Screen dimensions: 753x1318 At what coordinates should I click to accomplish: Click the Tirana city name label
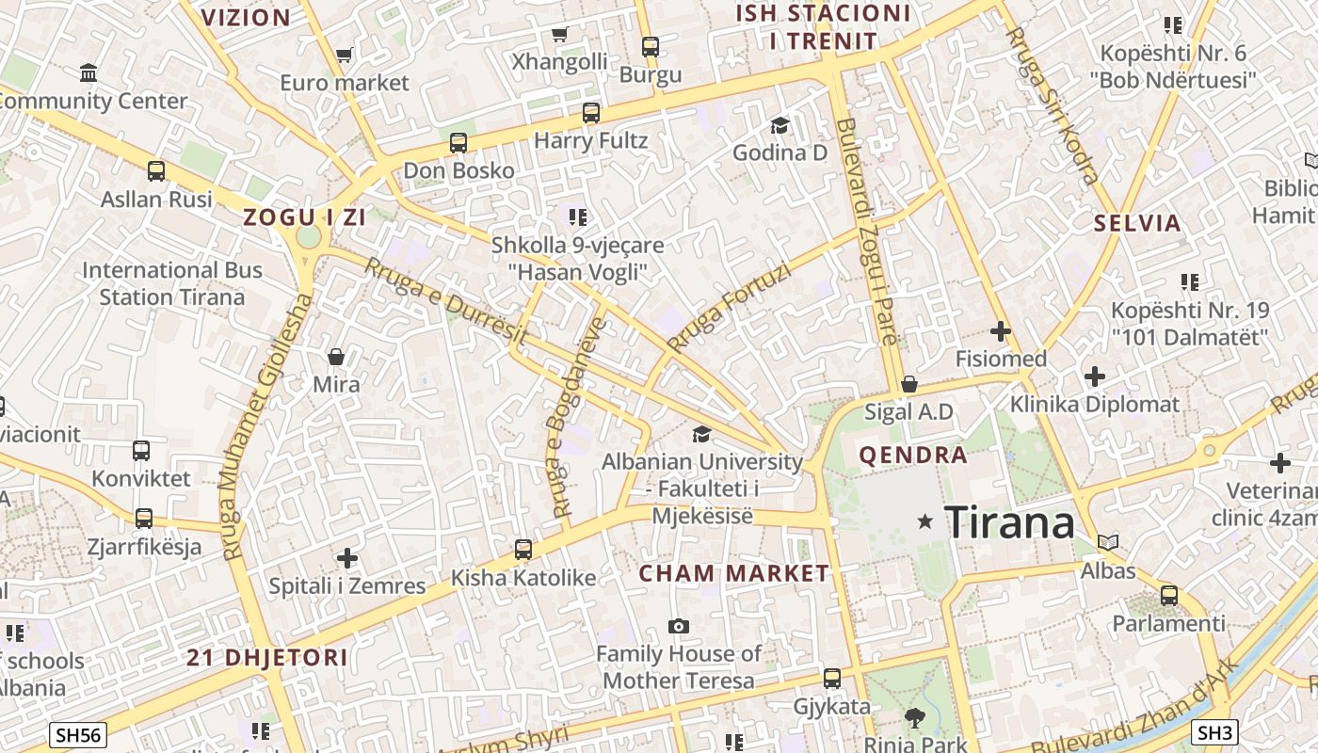pyautogui.click(x=1009, y=522)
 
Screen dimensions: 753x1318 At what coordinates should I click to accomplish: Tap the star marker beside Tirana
pyautogui.click(x=925, y=521)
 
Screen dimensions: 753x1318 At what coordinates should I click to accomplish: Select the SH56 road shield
pyautogui.click(x=78, y=735)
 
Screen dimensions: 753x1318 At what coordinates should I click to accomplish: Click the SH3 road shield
pyautogui.click(x=1214, y=731)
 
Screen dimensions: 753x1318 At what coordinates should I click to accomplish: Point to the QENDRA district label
pyautogui.click(x=913, y=456)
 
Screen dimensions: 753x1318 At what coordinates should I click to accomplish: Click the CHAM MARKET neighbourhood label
pyautogui.click(x=734, y=573)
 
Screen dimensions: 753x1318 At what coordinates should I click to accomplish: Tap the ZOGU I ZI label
pyautogui.click(x=304, y=217)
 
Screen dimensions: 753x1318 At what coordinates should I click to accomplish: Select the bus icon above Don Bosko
pyautogui.click(x=458, y=143)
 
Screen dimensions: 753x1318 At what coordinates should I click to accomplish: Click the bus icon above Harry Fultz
pyautogui.click(x=591, y=113)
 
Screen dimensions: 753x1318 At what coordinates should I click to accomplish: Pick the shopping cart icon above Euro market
pyautogui.click(x=345, y=56)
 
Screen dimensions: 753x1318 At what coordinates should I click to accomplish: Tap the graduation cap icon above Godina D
pyautogui.click(x=780, y=125)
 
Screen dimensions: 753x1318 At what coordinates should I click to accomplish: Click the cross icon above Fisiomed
pyautogui.click(x=1001, y=331)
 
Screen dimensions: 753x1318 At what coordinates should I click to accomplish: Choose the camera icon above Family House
pyautogui.click(x=678, y=626)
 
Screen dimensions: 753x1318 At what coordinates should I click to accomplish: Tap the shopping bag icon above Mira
pyautogui.click(x=336, y=357)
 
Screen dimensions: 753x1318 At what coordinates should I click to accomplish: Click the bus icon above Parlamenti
pyautogui.click(x=1169, y=596)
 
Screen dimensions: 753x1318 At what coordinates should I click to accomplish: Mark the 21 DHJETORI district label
pyautogui.click(x=267, y=658)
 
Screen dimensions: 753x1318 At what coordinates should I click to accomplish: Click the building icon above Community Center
pyautogui.click(x=88, y=72)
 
